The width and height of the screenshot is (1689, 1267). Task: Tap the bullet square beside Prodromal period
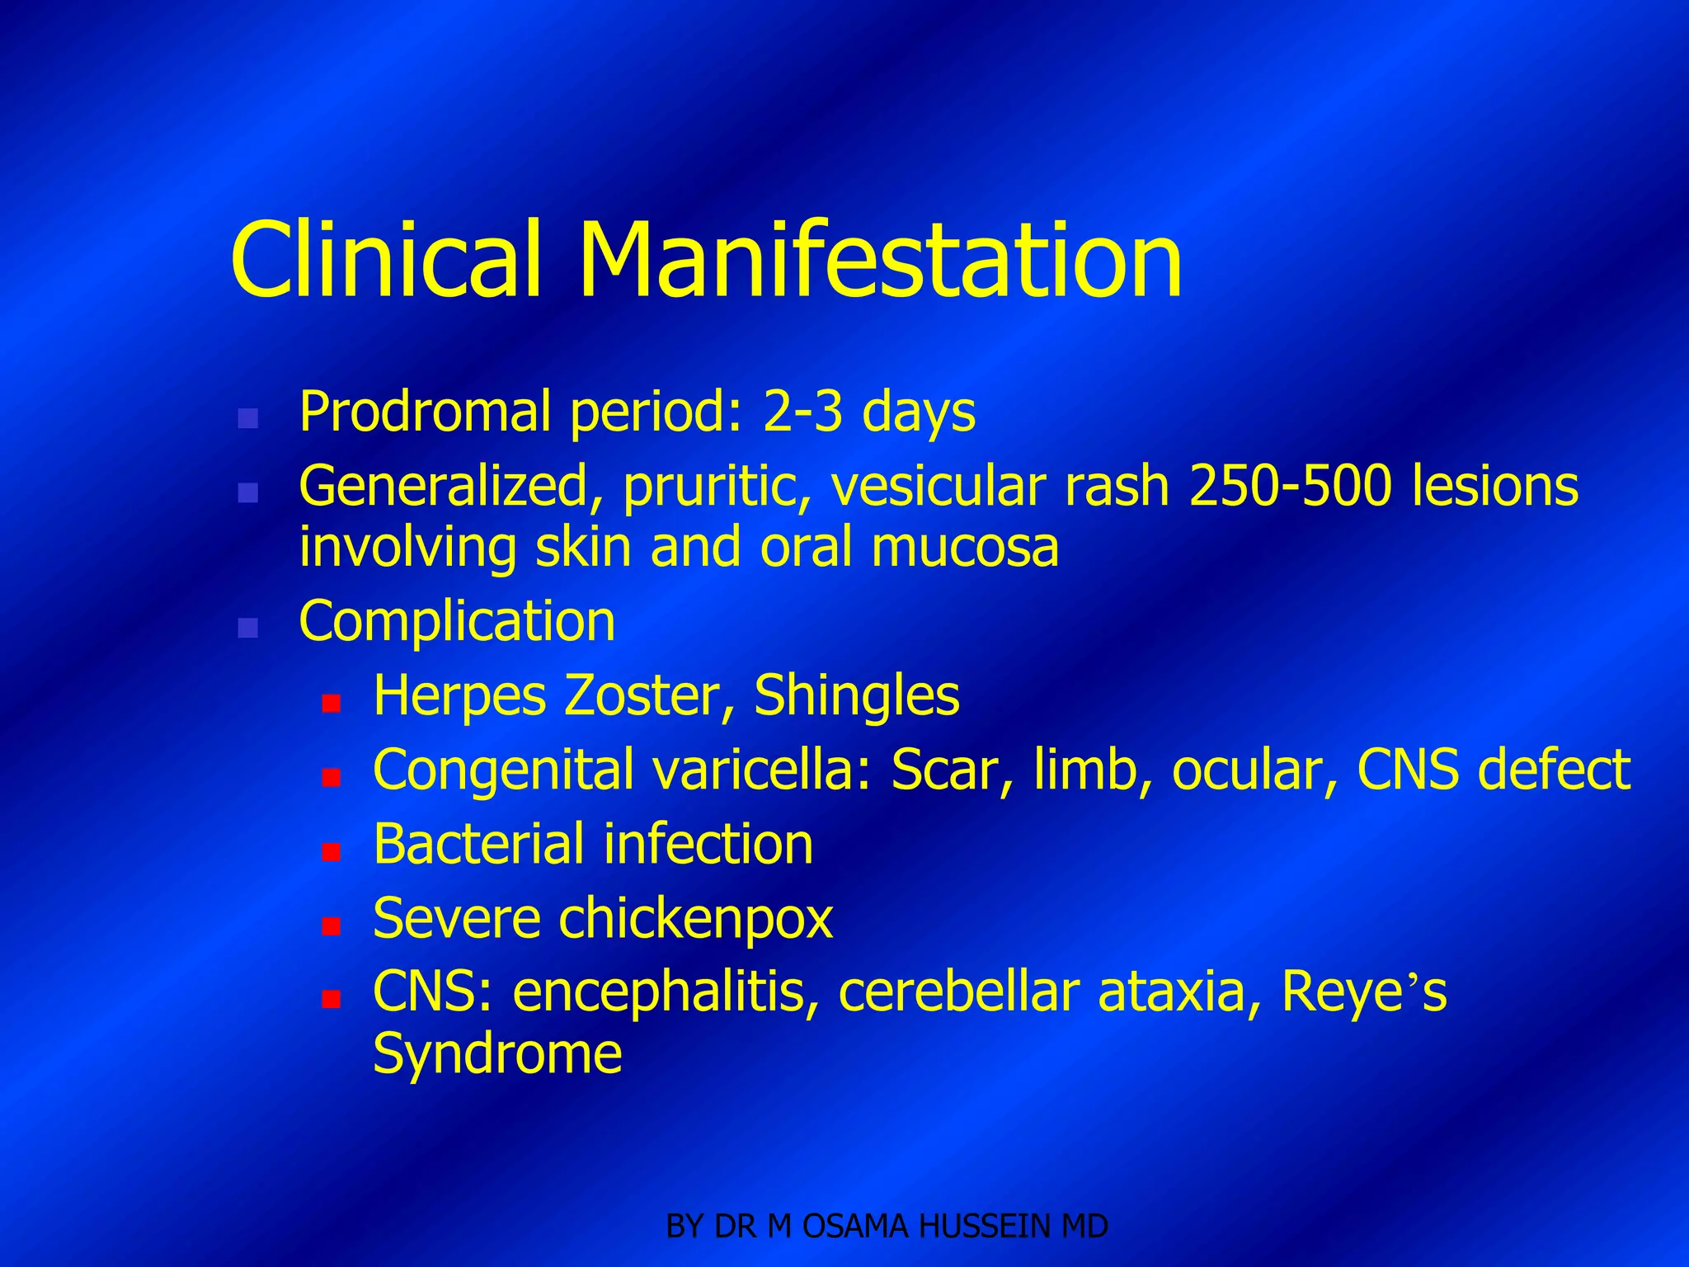tap(247, 418)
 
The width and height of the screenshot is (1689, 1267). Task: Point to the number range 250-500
tap(1290, 486)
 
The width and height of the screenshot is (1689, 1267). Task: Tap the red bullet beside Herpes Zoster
tap(332, 704)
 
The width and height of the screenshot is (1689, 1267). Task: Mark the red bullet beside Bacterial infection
tap(332, 851)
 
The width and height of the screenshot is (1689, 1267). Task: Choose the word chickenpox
tap(696, 918)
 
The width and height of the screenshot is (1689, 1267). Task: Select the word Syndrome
tap(497, 1053)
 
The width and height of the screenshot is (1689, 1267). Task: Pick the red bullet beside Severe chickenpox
tap(332, 926)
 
